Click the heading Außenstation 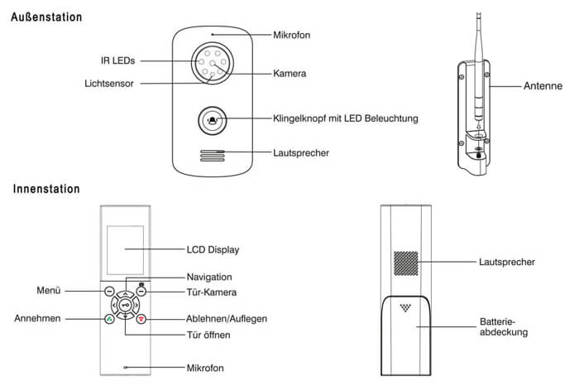pyautogui.click(x=46, y=17)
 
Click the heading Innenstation pyautogui.click(x=46, y=190)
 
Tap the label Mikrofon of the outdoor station pyautogui.click(x=293, y=35)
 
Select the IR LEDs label pyautogui.click(x=114, y=60)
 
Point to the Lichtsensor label pyautogui.click(x=110, y=83)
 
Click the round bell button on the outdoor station pyautogui.click(x=213, y=120)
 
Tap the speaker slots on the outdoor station pyautogui.click(x=213, y=155)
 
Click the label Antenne pyautogui.click(x=543, y=85)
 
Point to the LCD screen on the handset pyautogui.click(x=124, y=248)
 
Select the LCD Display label pyautogui.click(x=208, y=249)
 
